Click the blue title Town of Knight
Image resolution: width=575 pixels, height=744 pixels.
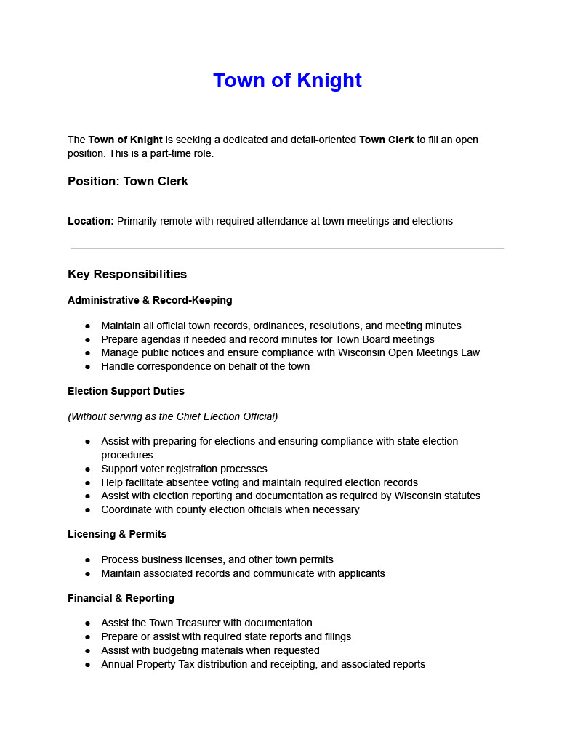(287, 81)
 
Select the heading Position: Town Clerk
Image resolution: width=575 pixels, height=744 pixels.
(128, 182)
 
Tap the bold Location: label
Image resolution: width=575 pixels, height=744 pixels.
(91, 221)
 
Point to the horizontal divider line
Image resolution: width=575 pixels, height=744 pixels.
(287, 248)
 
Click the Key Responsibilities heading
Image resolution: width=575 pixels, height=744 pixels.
(127, 274)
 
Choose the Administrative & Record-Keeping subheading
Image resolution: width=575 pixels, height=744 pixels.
(150, 300)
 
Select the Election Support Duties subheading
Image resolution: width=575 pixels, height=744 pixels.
(126, 391)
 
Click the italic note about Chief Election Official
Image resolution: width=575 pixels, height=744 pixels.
(172, 416)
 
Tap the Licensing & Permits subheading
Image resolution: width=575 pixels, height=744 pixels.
(117, 534)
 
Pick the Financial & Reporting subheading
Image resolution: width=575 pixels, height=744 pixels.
(121, 598)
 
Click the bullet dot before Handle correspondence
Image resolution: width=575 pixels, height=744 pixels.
(87, 367)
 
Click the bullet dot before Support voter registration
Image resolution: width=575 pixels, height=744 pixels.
(87, 469)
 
